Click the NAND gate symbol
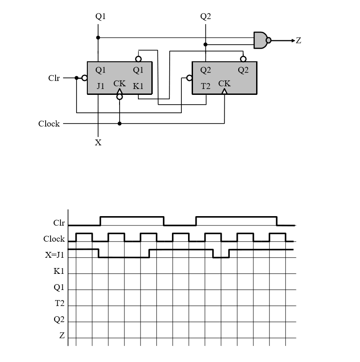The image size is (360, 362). [261, 40]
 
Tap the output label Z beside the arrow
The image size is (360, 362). [299, 41]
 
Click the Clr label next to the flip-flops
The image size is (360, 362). [54, 78]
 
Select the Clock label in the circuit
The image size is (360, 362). [49, 124]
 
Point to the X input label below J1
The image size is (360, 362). [98, 143]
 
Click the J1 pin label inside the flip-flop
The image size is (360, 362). [100, 86]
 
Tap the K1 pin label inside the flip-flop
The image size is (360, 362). [138, 86]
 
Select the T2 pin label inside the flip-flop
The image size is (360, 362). [205, 86]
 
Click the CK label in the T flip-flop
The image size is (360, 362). [224, 84]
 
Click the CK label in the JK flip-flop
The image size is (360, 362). [120, 84]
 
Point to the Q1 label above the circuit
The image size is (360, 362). [101, 17]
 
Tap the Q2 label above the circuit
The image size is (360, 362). [206, 17]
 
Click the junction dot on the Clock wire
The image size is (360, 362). [120, 123]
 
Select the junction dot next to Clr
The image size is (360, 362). [77, 78]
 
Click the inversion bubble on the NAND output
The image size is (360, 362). [269, 40]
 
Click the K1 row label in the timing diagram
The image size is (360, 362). [59, 271]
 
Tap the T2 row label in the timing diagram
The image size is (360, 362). [60, 303]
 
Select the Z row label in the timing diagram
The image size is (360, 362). [62, 336]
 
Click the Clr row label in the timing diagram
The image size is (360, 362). [59, 222]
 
